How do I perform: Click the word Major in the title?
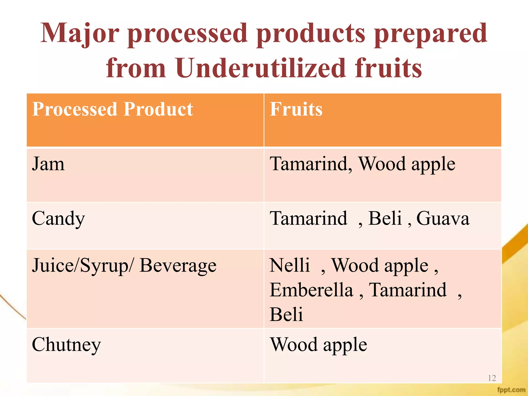(x=80, y=34)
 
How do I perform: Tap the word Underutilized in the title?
(x=260, y=68)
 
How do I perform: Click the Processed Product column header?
(x=112, y=109)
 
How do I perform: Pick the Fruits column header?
(x=296, y=109)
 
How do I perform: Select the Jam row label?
(x=48, y=164)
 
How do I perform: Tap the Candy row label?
(x=58, y=219)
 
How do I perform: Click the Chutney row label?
(x=66, y=345)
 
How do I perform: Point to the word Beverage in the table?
(x=178, y=266)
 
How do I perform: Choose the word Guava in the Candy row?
(x=443, y=219)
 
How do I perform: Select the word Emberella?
(x=311, y=290)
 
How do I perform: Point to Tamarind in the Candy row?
(x=308, y=219)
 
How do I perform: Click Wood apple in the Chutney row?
(x=318, y=345)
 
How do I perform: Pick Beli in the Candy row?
(x=385, y=219)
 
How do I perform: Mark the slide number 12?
(x=492, y=378)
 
